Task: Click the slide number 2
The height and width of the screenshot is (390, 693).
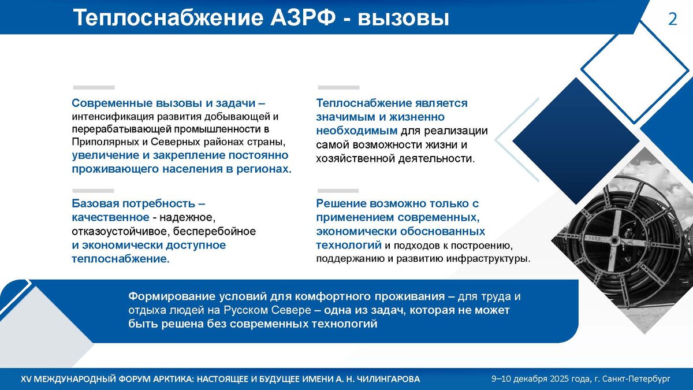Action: tap(672, 19)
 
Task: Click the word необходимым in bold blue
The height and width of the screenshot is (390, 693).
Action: tap(357, 131)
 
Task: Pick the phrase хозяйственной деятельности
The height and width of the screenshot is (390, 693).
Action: tap(395, 158)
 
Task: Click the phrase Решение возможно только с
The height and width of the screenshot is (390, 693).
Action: tap(397, 204)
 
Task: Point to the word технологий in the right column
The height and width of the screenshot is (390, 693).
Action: tap(348, 245)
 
